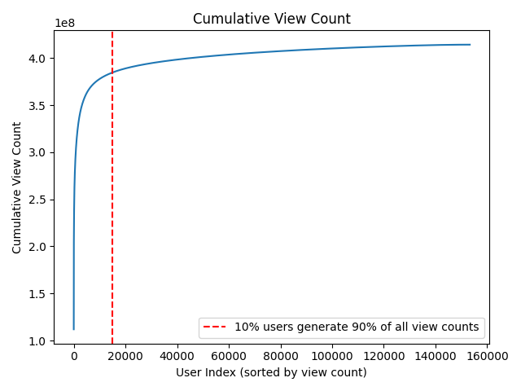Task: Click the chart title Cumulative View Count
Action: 271,19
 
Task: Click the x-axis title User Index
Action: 271,372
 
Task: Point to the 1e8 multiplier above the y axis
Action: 65,24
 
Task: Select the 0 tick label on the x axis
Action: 74,356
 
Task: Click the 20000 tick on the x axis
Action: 125,356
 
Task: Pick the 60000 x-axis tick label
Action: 229,356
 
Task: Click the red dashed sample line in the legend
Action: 216,327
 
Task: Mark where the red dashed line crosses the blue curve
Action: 112,72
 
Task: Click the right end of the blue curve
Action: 470,45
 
